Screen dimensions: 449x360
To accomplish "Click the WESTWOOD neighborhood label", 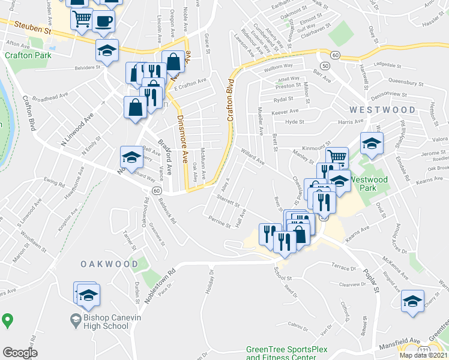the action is (x=382, y=110).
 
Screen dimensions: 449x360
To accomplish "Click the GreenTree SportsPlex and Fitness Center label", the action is (x=281, y=353).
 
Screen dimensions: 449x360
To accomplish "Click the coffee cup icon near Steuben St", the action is (x=103, y=20).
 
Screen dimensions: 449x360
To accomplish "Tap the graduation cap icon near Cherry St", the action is (x=412, y=299).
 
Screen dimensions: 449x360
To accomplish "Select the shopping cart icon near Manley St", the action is (x=337, y=157).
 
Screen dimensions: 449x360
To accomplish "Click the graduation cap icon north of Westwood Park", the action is (x=372, y=143).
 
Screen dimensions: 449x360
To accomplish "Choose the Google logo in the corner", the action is (x=20, y=352).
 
